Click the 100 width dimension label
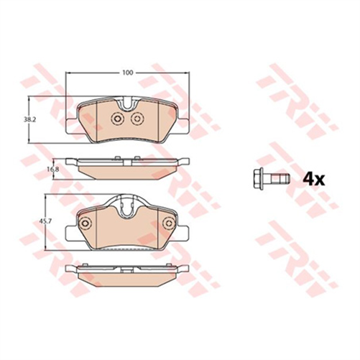point(127,73)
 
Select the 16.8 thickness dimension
point(52,169)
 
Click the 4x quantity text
point(314,178)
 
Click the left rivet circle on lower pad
point(86,223)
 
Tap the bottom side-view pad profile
point(128,272)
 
